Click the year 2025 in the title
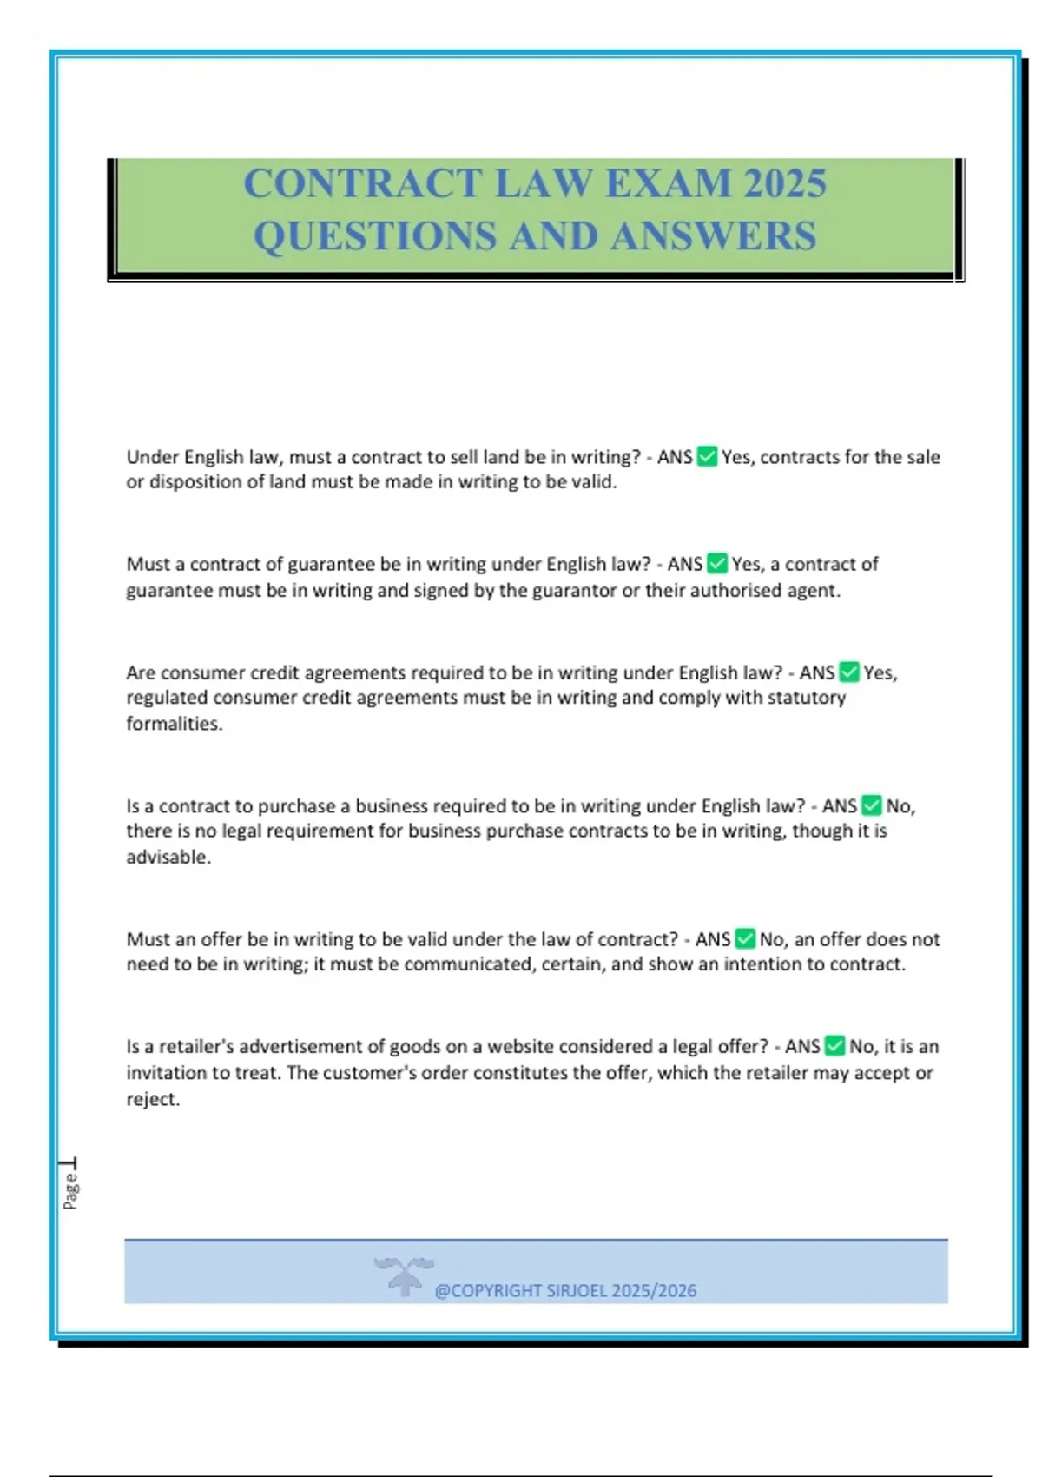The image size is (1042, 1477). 785,183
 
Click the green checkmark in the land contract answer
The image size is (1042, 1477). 707,457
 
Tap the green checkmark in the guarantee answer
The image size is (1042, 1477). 716,564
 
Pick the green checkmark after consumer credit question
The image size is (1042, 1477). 849,672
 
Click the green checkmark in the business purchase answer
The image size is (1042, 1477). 872,806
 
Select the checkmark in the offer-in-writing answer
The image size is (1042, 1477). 745,939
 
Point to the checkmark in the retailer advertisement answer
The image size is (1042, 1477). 834,1046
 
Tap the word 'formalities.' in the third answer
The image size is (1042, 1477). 175,724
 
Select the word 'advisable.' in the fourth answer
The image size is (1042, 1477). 168,858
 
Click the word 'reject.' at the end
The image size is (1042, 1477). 153,1099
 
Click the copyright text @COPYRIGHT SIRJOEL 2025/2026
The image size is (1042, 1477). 565,1291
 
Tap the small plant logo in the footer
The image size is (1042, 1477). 404,1275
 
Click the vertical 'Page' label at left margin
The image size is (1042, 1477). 70,1190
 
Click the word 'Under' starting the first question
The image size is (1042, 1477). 152,457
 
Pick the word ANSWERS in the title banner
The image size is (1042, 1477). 713,236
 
